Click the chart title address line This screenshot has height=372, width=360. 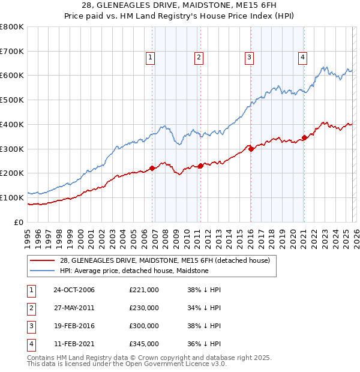(x=179, y=5)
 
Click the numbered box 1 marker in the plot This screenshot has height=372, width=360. (x=149, y=58)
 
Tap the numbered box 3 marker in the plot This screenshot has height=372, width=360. (x=248, y=58)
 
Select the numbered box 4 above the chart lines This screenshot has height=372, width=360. (x=302, y=58)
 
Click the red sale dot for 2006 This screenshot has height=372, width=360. (x=152, y=168)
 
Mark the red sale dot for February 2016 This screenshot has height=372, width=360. (x=251, y=149)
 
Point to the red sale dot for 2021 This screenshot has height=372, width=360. (x=304, y=138)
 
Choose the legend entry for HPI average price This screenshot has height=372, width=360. (x=134, y=271)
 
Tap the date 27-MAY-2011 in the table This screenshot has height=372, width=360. (x=74, y=308)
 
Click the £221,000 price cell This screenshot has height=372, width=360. (x=144, y=290)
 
